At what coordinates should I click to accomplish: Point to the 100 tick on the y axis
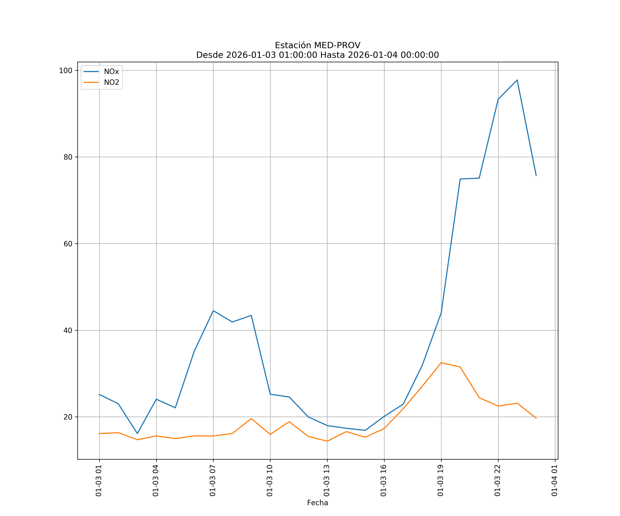[66, 71]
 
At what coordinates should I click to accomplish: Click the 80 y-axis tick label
[68, 157]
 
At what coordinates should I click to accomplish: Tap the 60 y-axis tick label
[68, 244]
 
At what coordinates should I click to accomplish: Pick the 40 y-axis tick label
[68, 331]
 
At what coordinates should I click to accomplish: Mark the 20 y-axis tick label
[68, 417]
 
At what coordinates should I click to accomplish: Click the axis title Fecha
[317, 503]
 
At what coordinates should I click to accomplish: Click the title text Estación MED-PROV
[317, 45]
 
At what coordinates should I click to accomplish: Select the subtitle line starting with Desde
[317, 55]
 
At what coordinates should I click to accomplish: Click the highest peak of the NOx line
[517, 80]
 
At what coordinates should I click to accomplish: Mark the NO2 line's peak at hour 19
[441, 363]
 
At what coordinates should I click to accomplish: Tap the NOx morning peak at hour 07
[213, 311]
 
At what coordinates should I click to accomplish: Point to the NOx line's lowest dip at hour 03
[137, 433]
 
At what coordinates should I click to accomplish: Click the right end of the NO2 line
[536, 418]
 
